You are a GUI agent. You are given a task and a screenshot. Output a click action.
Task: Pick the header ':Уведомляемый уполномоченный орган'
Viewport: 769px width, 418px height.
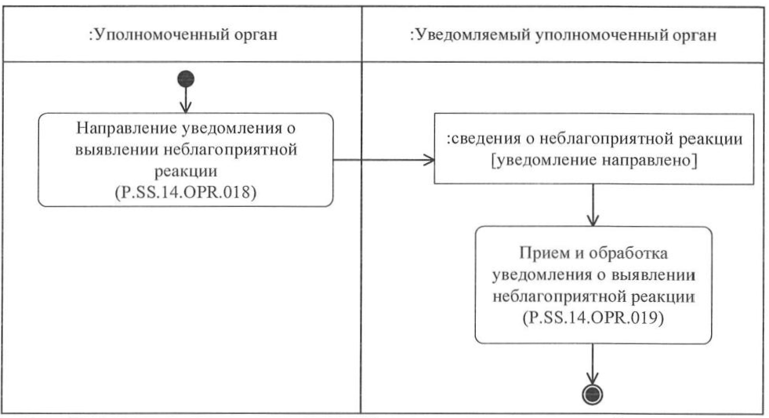point(564,36)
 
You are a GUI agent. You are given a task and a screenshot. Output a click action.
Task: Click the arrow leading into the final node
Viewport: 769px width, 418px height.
point(593,363)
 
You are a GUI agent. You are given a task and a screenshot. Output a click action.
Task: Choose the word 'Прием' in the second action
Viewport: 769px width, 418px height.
point(535,254)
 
